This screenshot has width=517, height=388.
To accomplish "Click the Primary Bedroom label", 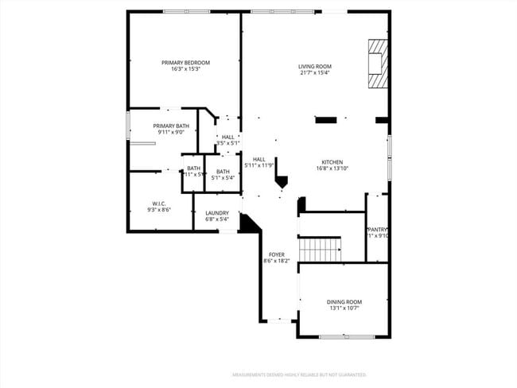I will (185, 63).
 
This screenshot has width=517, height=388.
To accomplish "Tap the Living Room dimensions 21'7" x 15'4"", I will (315, 73).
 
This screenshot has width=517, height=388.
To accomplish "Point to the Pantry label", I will (377, 230).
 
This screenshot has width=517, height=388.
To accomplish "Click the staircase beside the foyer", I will (321, 250).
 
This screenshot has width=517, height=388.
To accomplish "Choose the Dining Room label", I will (344, 301).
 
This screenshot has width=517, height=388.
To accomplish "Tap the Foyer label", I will (276, 254).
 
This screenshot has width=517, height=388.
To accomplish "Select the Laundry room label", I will (217, 213).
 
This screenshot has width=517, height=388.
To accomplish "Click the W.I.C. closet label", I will (158, 203).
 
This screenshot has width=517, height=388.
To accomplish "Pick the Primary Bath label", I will (171, 126).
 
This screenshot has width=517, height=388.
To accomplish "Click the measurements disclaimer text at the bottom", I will (298, 374).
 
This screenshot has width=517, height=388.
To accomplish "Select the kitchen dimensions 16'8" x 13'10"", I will (332, 169).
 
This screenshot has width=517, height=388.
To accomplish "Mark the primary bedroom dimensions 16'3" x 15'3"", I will (185, 69).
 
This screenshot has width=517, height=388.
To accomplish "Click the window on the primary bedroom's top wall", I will (186, 11).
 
